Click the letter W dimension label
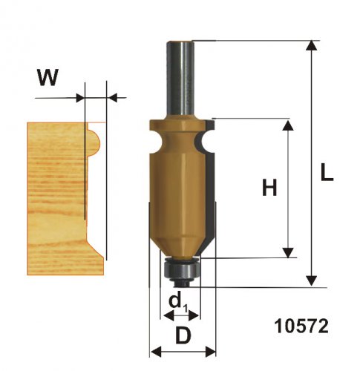coord(48,77)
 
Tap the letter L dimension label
coord(327,172)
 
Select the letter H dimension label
coord(269,187)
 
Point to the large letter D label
coord(183,335)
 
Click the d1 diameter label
coord(178,302)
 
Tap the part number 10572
coord(301,326)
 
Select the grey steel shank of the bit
coord(180,79)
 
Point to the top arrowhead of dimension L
coord(312,45)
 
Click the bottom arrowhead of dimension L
coord(312,281)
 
